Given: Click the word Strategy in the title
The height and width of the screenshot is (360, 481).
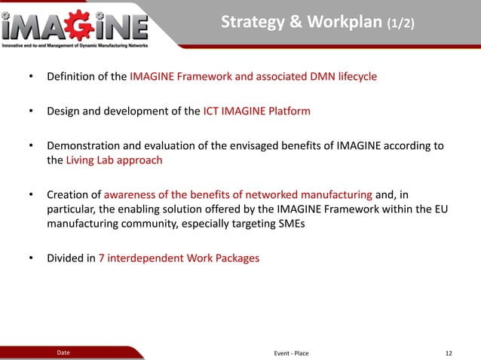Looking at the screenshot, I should tap(250, 24).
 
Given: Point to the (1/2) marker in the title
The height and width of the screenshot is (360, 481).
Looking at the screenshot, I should tap(400, 25).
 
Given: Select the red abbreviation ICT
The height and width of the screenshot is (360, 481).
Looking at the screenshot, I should tap(213, 111).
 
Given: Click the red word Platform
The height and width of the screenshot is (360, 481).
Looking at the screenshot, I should tap(286, 111).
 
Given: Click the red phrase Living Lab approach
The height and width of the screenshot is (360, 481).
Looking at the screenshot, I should tap(114, 160).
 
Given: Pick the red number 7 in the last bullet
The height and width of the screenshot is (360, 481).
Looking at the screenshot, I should tap(102, 258).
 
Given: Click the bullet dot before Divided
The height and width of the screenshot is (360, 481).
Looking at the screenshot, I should tap(31, 258).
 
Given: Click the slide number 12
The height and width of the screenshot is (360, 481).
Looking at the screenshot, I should tap(449, 352).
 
